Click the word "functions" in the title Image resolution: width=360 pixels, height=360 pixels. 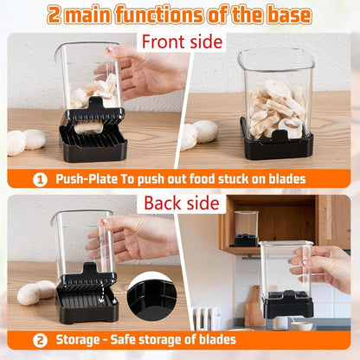172,15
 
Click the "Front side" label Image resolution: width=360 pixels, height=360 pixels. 182,41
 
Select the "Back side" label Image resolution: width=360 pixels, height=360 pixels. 182,203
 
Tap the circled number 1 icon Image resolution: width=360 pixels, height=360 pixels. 39,179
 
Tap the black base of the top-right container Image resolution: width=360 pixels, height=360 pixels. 276,145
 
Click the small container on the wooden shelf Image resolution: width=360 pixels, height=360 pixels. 246,228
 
